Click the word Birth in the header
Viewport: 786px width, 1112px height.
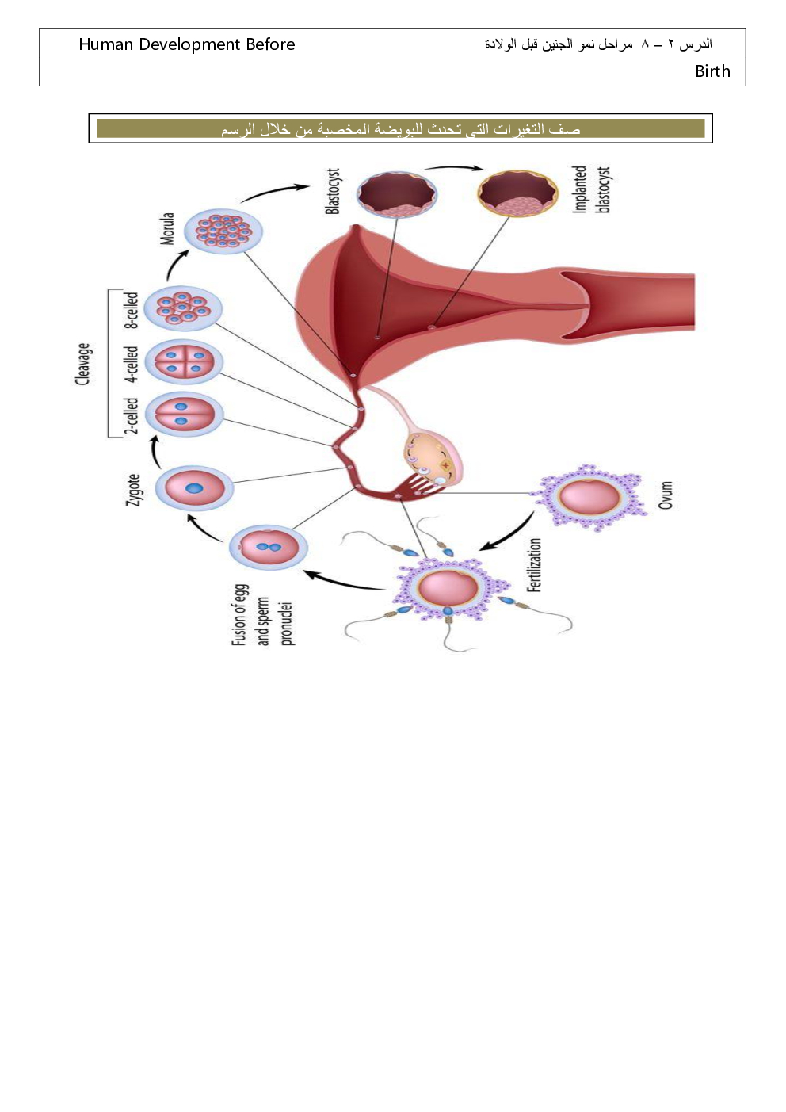(x=712, y=71)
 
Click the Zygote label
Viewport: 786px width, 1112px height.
(x=135, y=489)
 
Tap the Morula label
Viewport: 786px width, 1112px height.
(x=167, y=228)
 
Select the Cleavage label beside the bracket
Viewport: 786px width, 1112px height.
(x=83, y=364)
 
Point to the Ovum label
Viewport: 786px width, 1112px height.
(x=666, y=495)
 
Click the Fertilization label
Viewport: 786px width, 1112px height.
(x=535, y=564)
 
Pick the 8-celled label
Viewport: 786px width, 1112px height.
(x=132, y=310)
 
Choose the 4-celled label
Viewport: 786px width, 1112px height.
(x=132, y=363)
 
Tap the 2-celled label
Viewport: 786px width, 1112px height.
(x=132, y=415)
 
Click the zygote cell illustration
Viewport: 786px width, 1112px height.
(x=194, y=488)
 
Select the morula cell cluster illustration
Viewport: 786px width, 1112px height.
(x=223, y=231)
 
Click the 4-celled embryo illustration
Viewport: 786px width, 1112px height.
(x=184, y=362)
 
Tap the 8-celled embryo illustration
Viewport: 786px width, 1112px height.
(x=184, y=308)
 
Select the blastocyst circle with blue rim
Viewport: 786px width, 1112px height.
(x=396, y=194)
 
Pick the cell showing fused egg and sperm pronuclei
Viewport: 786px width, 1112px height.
(x=269, y=547)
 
